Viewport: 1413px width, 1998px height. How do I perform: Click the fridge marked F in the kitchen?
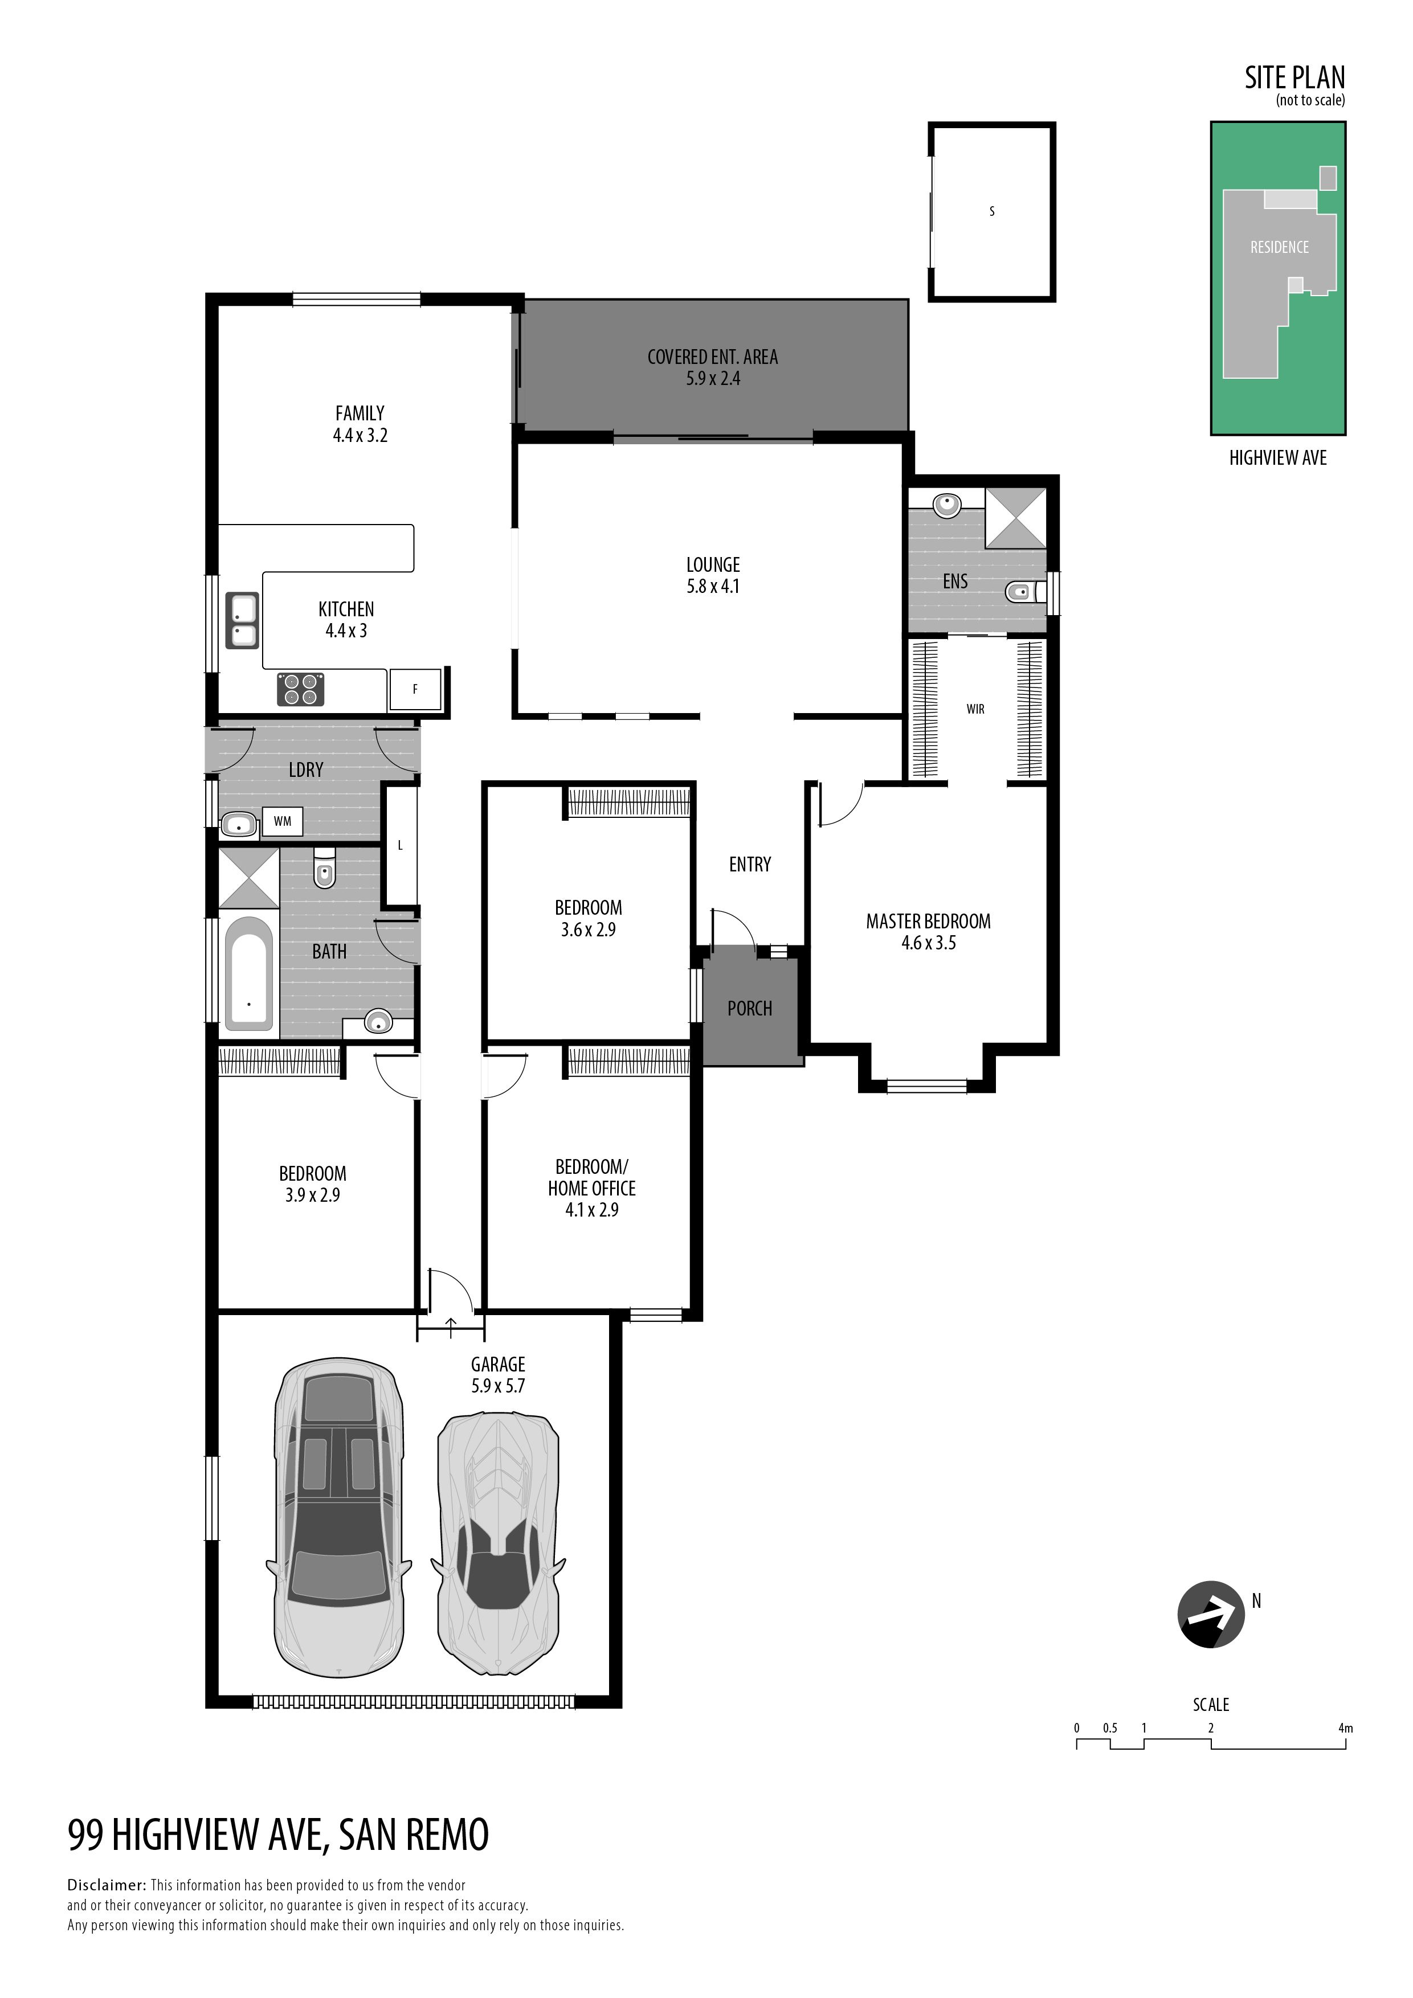415,689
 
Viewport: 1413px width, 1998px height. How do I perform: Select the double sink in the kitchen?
243,620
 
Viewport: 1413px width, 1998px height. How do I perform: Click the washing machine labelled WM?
283,821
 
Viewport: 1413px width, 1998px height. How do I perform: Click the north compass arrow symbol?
1211,1615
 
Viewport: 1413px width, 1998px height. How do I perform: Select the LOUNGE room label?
713,565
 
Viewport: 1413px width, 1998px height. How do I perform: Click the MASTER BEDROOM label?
928,922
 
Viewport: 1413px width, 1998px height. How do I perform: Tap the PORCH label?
750,1009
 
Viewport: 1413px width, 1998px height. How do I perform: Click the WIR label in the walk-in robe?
975,709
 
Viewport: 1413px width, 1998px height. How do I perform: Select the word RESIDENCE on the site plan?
1279,248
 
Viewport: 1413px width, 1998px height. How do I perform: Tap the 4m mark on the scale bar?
1346,1728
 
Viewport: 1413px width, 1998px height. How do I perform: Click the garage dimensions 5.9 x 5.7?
498,1386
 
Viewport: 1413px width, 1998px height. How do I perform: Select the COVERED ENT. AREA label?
713,357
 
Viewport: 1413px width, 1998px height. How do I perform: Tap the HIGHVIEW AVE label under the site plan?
1278,458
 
